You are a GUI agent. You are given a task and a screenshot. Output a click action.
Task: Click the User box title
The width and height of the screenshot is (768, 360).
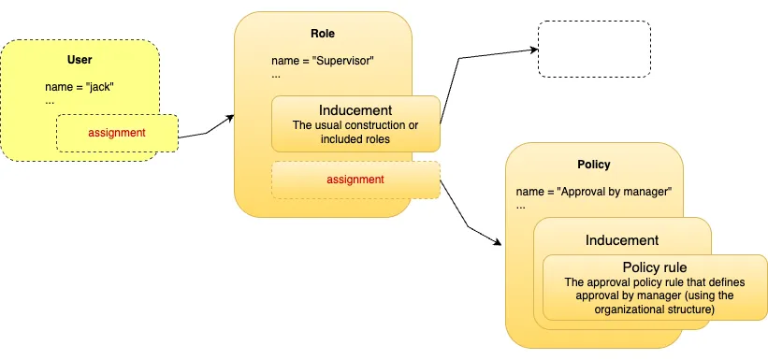coord(80,61)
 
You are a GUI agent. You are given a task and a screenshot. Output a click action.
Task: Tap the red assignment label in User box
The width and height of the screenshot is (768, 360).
coord(117,133)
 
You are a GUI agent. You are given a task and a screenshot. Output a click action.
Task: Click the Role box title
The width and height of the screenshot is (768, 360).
coord(323,35)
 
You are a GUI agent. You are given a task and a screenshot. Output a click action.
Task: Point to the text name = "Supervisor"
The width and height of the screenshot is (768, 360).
coord(322,62)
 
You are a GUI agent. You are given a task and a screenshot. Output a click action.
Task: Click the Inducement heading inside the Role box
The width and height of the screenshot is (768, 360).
coord(355,109)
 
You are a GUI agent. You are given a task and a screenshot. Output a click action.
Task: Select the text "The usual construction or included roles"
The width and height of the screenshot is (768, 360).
coord(355,133)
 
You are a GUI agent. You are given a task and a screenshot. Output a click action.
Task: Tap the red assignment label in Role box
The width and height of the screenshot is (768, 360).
coord(355,178)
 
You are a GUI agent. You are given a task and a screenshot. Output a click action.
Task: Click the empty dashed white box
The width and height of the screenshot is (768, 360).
coord(593,49)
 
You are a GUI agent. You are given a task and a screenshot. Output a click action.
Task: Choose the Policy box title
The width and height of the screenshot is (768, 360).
coord(594,165)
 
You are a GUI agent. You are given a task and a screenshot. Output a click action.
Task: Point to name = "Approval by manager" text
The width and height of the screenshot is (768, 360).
coord(594,193)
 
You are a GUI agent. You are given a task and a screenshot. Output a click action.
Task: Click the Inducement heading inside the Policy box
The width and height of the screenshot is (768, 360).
coord(621,240)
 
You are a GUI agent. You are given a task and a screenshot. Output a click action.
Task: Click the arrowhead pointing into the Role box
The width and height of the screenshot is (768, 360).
coord(229,119)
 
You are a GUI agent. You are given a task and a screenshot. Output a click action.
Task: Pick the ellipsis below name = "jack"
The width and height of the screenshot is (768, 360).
coord(50,100)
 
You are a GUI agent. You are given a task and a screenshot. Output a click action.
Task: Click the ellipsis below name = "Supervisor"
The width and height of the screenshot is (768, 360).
coord(276,75)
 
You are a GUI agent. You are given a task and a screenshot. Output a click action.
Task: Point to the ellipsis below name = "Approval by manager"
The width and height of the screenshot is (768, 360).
coord(520,205)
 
